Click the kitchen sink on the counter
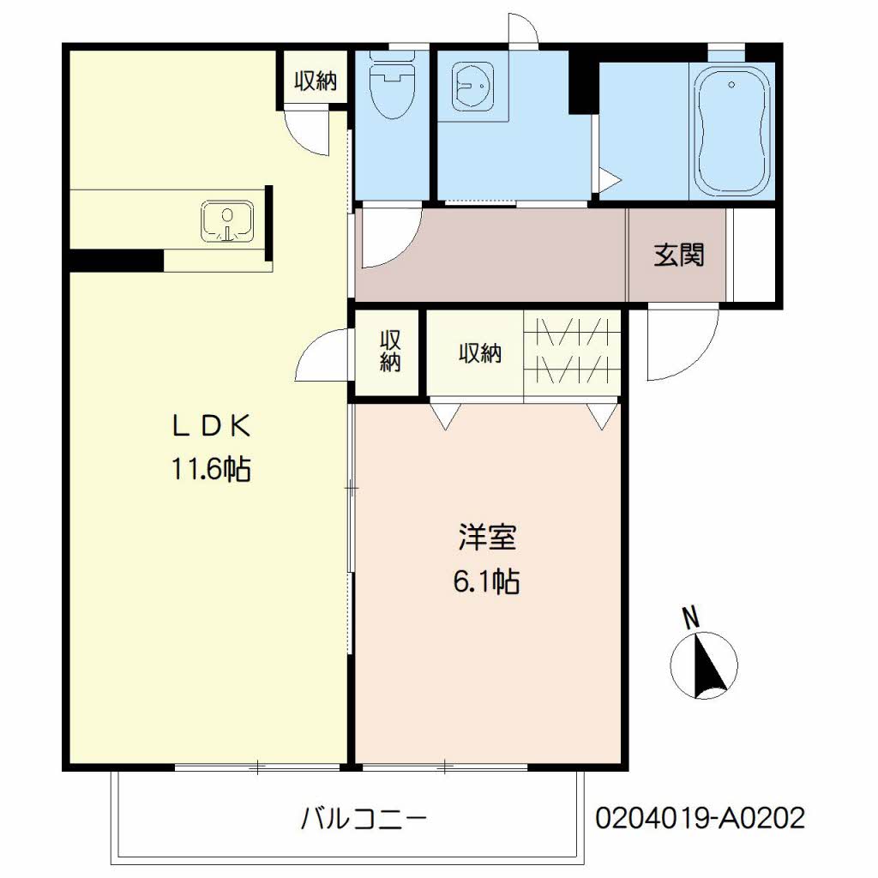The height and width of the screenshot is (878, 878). [226, 222]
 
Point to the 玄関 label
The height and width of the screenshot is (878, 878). [679, 256]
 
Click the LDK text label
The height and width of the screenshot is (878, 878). [210, 427]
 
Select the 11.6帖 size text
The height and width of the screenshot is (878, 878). [211, 469]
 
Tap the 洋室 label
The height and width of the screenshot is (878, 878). [487, 537]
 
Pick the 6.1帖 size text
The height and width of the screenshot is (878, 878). [486, 581]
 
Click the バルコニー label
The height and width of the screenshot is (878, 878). [364, 819]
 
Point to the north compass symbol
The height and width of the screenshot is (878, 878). [704, 665]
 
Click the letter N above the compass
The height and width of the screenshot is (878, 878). [692, 617]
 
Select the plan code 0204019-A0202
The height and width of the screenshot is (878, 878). [700, 818]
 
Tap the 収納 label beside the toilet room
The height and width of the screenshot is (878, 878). [316, 81]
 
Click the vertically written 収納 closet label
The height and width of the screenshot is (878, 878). [390, 352]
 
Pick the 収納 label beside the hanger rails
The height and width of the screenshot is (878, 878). [480, 353]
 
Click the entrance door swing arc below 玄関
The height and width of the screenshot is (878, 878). [695, 359]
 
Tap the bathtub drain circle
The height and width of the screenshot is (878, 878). [731, 85]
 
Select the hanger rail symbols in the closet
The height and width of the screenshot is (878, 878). [572, 351]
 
